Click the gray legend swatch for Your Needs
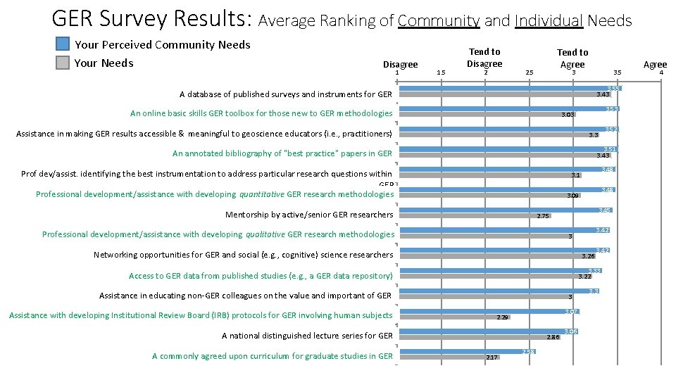point(63,63)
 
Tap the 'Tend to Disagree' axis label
point(484,57)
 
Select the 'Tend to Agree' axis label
point(572,58)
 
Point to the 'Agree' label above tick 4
point(655,64)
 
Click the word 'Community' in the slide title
point(438,20)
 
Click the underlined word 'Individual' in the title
point(549,20)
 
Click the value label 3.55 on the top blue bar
point(613,89)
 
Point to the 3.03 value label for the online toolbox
point(568,114)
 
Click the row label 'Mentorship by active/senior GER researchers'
point(308,215)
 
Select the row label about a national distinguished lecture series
point(307,336)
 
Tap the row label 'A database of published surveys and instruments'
point(285,94)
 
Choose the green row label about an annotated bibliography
point(282,153)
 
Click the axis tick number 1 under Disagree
point(397,72)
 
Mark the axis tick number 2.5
point(530,72)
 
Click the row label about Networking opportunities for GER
point(243,255)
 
